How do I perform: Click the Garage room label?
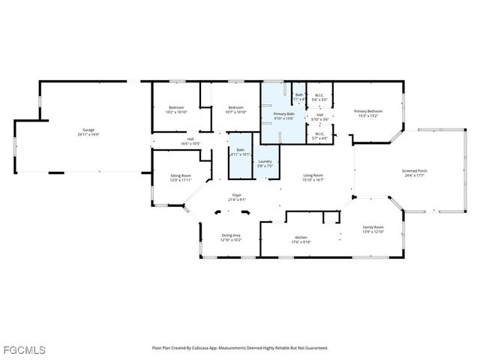(89, 130)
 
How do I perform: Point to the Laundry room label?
(265, 161)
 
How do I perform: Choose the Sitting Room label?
(181, 175)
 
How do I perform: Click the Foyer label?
(236, 195)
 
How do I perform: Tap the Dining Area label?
(231, 235)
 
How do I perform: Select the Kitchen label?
(301, 237)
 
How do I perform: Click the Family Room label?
(373, 227)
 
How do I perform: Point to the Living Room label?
(313, 175)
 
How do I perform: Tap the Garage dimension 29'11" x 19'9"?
(89, 135)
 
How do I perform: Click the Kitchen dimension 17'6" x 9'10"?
(301, 241)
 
